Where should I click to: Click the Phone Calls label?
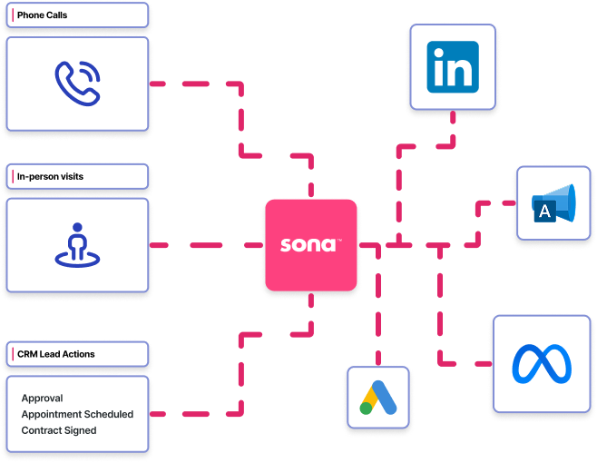pyautogui.click(x=42, y=15)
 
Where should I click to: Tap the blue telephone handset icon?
pyautogui.click(x=76, y=83)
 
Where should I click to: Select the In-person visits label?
pyautogui.click(x=50, y=177)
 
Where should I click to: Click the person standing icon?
pyautogui.click(x=76, y=244)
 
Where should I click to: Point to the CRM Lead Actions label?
pyautogui.click(x=55, y=354)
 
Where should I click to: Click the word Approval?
pyautogui.click(x=42, y=399)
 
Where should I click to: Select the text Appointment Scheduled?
pyautogui.click(x=77, y=414)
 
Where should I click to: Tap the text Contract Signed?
pyautogui.click(x=58, y=430)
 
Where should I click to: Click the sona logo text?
pyautogui.click(x=306, y=246)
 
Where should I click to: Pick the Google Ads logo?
pyautogui.click(x=377, y=398)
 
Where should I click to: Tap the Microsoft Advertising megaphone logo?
pyautogui.click(x=553, y=203)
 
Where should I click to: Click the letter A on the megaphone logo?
pyautogui.click(x=545, y=212)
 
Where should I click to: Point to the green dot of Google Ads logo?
pyautogui.click(x=366, y=408)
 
